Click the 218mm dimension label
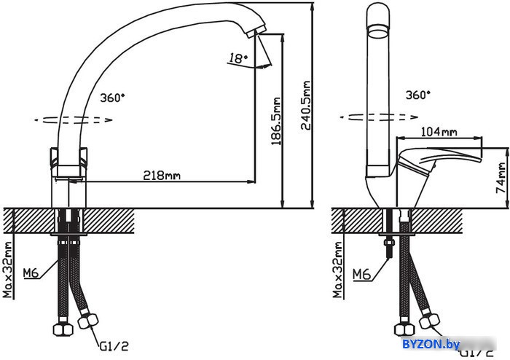[162, 176]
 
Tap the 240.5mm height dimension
[305, 106]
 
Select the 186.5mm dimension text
[276, 121]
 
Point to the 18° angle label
[238, 58]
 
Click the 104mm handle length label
[439, 132]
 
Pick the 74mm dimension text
[502, 178]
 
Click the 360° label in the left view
[112, 98]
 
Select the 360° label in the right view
[418, 95]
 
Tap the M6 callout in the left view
[31, 273]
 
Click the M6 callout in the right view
[361, 275]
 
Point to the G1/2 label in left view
[114, 346]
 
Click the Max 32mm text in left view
[8, 270]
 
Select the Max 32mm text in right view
[338, 270]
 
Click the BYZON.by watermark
[431, 344]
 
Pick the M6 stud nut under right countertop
[389, 243]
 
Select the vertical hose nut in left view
[63, 329]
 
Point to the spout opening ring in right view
[378, 33]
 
